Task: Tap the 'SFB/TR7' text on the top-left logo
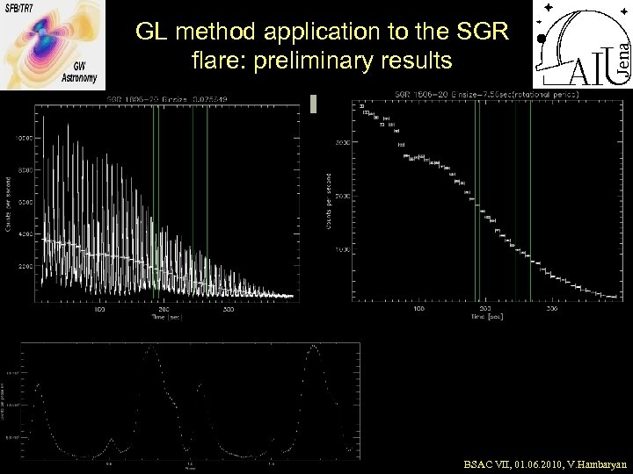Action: [22, 7]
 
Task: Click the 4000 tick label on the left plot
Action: [25, 234]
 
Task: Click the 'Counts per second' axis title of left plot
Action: [9, 202]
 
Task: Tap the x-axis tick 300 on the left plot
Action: [228, 310]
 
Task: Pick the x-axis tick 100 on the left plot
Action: [99, 310]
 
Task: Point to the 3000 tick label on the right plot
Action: [342, 141]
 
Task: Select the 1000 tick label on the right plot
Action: [342, 250]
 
